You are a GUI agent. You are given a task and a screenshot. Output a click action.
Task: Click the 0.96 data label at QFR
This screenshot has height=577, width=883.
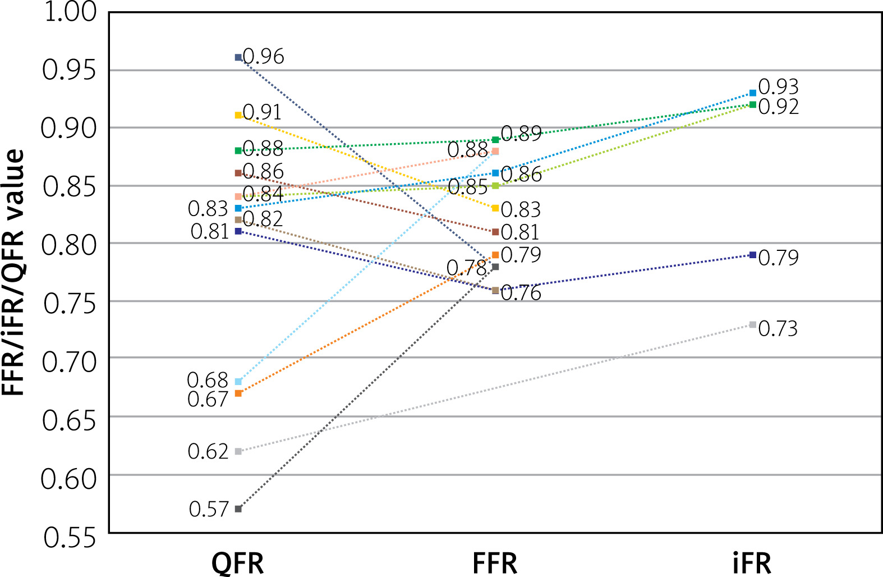coord(264,57)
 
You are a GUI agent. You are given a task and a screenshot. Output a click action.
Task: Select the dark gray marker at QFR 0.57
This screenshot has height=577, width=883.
coord(238,509)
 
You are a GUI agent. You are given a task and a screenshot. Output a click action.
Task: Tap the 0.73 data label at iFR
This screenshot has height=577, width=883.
coord(778,328)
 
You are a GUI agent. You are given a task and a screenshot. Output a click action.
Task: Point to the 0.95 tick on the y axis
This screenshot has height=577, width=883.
coord(69,70)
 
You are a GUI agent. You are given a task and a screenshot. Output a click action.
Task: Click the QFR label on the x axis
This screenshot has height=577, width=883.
coord(238,563)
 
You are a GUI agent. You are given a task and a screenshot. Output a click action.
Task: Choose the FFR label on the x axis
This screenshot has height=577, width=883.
coord(495,563)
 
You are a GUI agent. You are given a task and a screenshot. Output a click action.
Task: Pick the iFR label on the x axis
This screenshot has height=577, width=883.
coord(752,563)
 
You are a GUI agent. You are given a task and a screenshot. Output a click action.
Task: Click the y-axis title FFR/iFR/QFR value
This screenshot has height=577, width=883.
coord(13,272)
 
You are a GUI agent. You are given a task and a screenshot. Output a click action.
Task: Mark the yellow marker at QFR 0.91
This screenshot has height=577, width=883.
coord(238,115)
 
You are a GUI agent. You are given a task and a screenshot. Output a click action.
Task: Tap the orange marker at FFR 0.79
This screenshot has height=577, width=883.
coord(495,255)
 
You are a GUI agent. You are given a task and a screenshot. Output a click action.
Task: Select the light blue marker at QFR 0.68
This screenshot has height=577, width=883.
coord(238,382)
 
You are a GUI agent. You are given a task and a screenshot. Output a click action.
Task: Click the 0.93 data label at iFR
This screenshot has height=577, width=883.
coord(778,87)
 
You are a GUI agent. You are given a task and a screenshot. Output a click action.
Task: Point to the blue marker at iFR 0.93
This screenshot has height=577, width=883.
coord(752,93)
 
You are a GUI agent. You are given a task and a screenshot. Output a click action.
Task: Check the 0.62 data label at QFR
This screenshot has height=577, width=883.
coord(208,451)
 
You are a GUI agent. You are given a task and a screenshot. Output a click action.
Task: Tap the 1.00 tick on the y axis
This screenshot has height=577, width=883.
coord(70,12)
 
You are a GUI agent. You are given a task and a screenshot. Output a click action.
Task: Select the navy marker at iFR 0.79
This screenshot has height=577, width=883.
coord(752,255)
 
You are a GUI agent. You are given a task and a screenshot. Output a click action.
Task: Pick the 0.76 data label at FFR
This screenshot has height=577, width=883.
coord(521,293)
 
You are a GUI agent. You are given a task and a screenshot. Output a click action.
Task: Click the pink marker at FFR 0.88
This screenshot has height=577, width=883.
coord(495,151)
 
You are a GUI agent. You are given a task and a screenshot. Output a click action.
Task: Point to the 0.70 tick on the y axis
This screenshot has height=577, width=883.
coord(69,362)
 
